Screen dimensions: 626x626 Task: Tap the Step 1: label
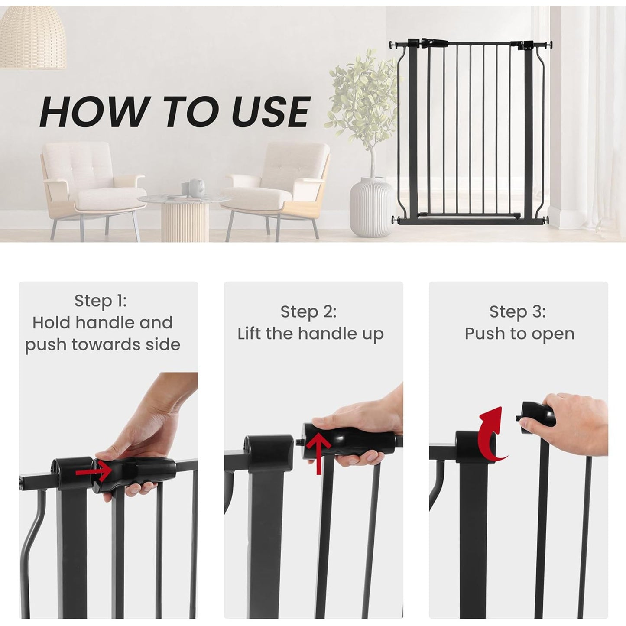[101, 301]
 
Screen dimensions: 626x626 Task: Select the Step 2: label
[308, 311]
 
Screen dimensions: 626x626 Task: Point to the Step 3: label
[517, 311]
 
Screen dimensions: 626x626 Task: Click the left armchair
[89, 186]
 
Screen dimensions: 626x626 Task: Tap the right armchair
[277, 186]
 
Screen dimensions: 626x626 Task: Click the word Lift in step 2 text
[250, 334]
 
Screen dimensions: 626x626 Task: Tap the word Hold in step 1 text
[52, 323]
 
